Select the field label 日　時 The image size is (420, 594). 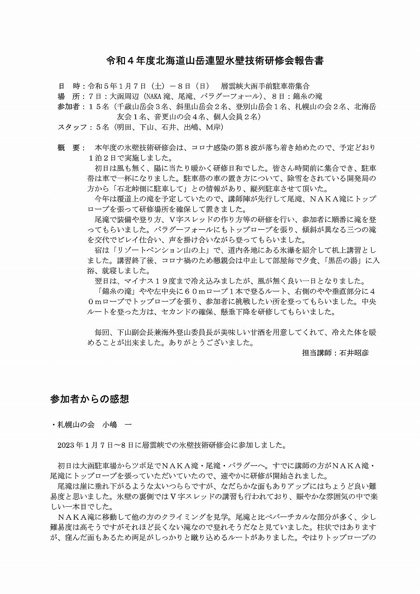pos(68,86)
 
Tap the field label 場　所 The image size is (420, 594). pos(68,97)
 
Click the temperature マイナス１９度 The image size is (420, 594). pos(151,281)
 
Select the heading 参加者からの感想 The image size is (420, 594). pos(89,399)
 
